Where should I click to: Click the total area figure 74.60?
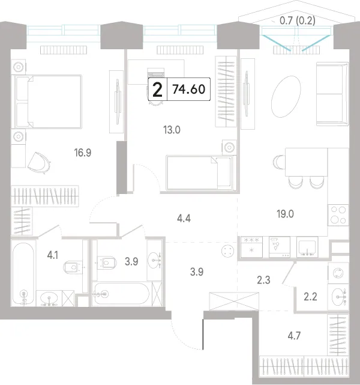coord(188,89)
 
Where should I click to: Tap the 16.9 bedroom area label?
coord(83,153)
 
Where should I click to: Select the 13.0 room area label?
coord(172,130)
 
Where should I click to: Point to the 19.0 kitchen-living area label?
coord(285,214)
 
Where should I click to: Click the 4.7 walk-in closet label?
coord(294,335)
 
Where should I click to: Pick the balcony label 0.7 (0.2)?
coord(297,20)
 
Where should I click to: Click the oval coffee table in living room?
coord(286,97)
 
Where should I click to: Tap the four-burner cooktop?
coord(338,215)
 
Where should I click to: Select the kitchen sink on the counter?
coord(307,247)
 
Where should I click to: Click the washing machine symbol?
coord(338,273)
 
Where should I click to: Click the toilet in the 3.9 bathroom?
coord(106,262)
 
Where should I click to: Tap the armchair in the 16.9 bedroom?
coord(39,162)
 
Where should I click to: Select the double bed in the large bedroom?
coord(48,102)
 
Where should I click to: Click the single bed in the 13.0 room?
coord(201,172)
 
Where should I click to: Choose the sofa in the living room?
coord(332,94)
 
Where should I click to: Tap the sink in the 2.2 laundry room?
coord(338,297)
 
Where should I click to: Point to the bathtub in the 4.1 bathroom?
coord(23,273)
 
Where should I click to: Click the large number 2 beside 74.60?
coord(157,90)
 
